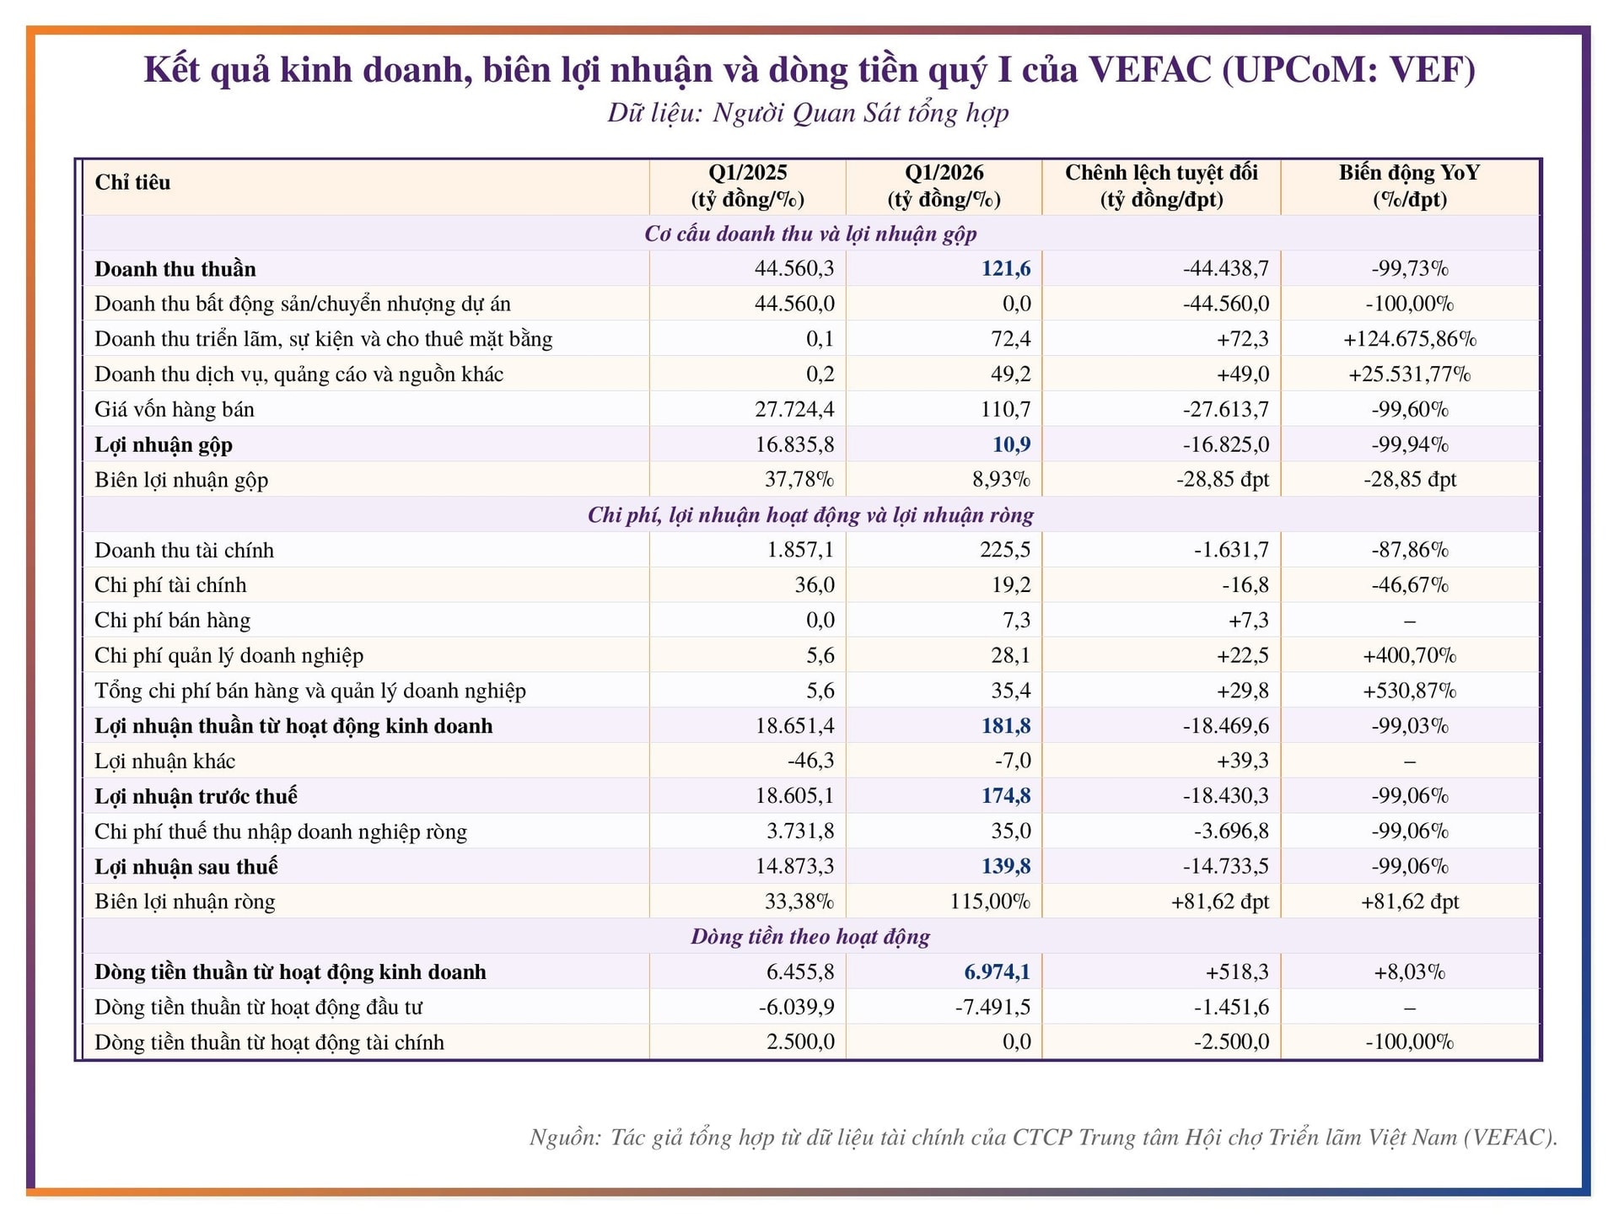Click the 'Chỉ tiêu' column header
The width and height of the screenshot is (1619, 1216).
point(132,182)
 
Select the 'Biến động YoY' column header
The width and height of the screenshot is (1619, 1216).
point(1409,173)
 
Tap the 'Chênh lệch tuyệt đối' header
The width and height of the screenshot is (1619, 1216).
point(1161,173)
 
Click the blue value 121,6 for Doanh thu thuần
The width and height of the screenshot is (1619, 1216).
point(1006,268)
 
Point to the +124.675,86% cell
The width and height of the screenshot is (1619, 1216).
point(1410,339)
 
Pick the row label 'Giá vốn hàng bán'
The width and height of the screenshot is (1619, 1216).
point(175,410)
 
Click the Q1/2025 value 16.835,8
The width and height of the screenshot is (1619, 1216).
point(795,444)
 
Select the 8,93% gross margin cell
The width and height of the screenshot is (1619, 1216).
point(1002,480)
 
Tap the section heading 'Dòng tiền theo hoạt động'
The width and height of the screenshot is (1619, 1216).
point(810,937)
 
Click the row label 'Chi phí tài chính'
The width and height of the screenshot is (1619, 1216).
point(170,585)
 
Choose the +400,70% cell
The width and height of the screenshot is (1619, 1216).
point(1410,655)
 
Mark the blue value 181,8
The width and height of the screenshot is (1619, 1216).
point(1006,726)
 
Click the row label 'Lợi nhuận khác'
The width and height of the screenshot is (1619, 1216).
point(165,761)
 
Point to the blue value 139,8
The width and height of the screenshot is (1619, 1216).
point(1006,867)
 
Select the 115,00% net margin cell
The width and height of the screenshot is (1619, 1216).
point(991,901)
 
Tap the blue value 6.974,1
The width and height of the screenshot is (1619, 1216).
point(998,972)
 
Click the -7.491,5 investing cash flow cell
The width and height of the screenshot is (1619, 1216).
point(992,1008)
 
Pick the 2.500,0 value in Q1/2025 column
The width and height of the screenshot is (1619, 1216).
point(801,1042)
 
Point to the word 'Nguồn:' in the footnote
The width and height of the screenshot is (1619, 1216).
point(565,1138)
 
